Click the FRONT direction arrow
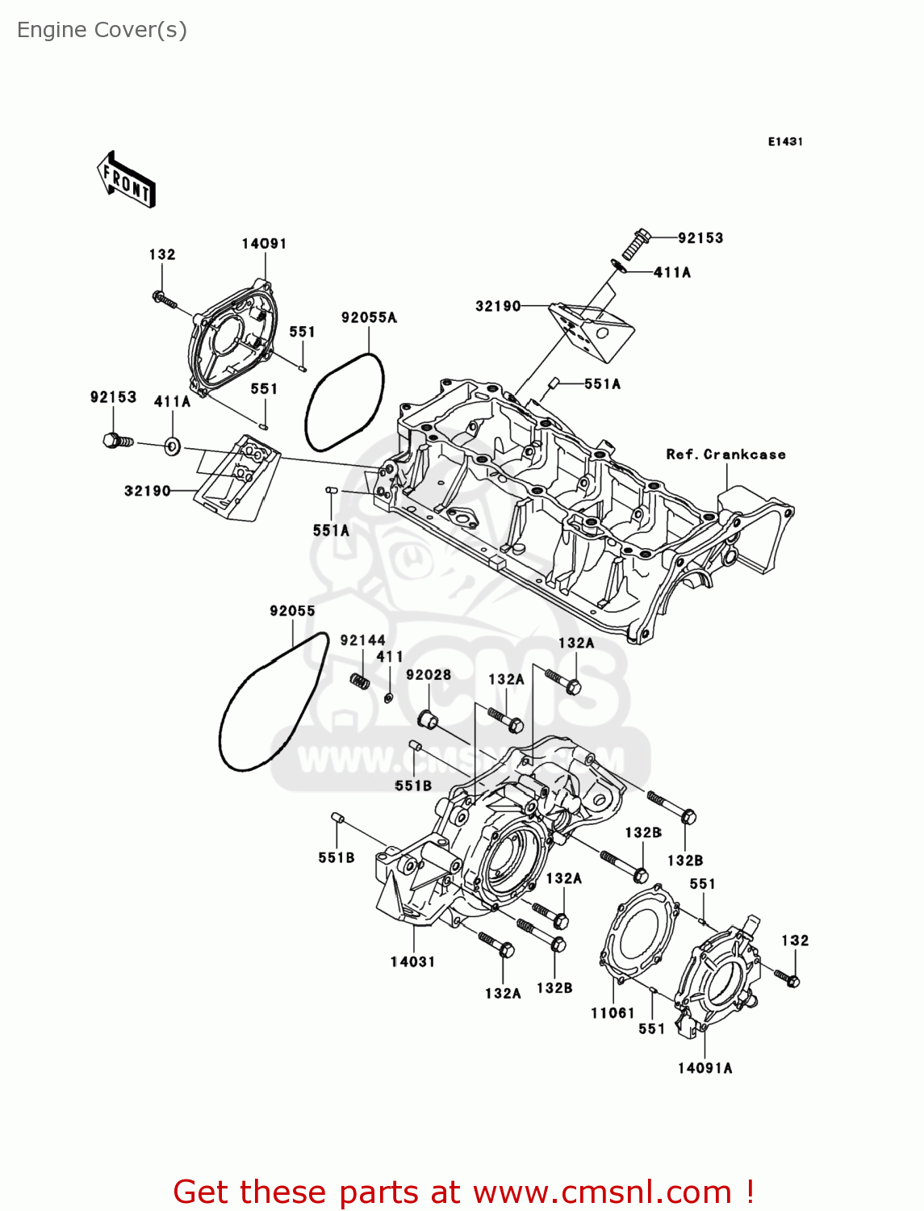point(126,180)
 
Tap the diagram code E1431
point(785,142)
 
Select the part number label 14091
point(264,244)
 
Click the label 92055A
point(369,317)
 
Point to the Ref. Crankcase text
point(725,454)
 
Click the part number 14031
point(413,962)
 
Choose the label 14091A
point(705,1068)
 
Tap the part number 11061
point(613,1013)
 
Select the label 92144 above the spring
point(363,640)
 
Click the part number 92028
point(429,674)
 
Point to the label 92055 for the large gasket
point(292,610)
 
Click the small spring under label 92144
point(360,681)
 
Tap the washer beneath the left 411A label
point(173,446)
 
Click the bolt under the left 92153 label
point(119,441)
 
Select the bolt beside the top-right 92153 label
point(636,244)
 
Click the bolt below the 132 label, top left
point(164,300)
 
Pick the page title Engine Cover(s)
point(102,30)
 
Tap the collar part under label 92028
point(427,720)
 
